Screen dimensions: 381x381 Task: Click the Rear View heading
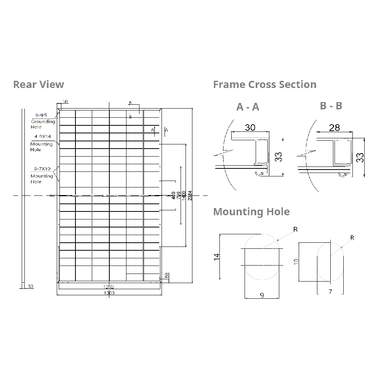(x=38, y=84)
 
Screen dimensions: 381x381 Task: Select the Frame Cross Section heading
(x=265, y=84)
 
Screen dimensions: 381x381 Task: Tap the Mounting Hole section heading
(x=251, y=211)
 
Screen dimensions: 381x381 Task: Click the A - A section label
(x=248, y=107)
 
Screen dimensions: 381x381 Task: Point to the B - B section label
(x=331, y=106)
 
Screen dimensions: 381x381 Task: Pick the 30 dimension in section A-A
(x=250, y=127)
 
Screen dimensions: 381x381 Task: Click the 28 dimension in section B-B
(x=334, y=128)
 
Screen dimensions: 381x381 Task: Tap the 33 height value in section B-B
(x=360, y=157)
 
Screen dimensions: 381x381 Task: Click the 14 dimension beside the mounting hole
(x=217, y=257)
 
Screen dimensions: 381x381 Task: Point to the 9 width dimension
(x=262, y=295)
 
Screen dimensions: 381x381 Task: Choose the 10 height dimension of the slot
(x=296, y=261)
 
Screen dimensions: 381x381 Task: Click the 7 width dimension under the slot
(x=330, y=292)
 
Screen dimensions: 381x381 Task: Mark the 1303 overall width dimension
(x=109, y=293)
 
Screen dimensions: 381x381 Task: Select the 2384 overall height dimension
(x=190, y=195)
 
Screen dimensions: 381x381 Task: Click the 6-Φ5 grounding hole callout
(x=41, y=114)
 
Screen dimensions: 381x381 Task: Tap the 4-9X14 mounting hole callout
(x=43, y=136)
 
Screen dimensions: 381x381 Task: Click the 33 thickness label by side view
(x=30, y=286)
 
